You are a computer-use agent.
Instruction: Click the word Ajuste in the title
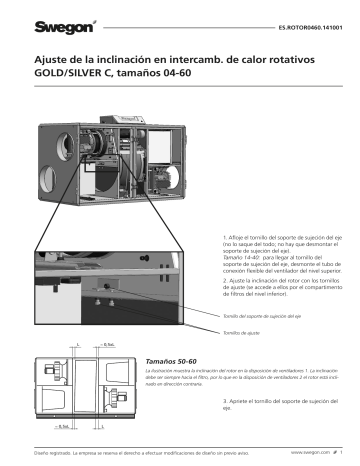point(54,61)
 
